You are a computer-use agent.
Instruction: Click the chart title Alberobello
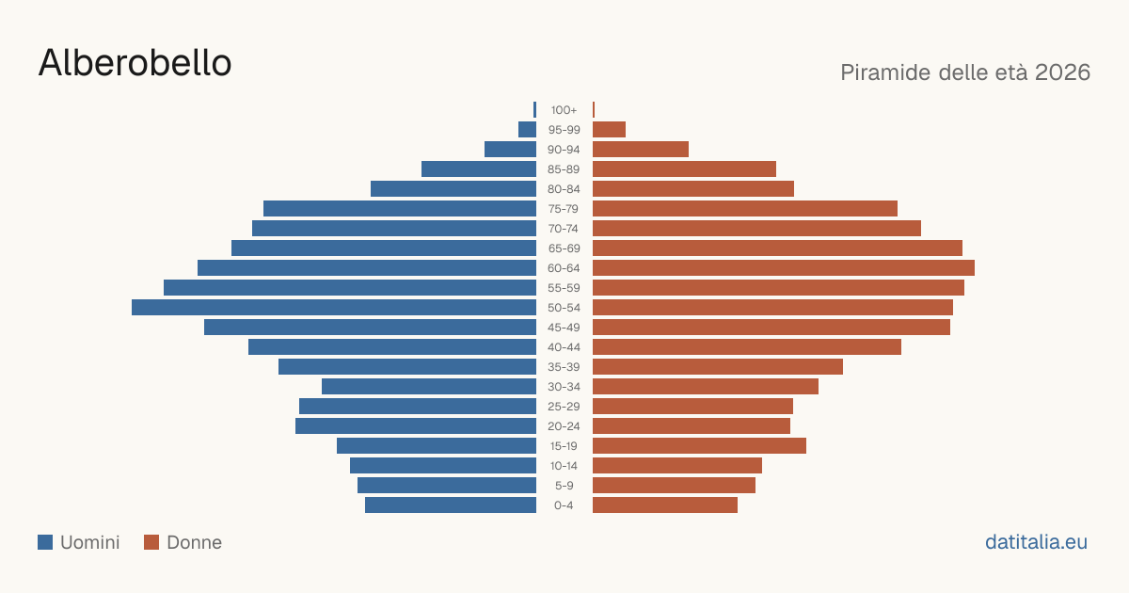(135, 63)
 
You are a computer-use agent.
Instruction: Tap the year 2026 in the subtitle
(1062, 72)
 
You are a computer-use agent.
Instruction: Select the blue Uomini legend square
(45, 542)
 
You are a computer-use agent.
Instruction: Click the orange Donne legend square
(151, 542)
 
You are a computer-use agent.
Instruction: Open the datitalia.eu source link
(1036, 542)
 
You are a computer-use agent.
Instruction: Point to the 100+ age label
(564, 110)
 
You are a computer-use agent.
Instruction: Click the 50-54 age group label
(564, 308)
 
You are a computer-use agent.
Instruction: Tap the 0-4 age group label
(564, 505)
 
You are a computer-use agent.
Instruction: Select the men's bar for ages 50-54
(334, 308)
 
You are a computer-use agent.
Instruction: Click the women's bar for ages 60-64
(784, 267)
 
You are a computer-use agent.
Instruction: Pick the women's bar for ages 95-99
(609, 130)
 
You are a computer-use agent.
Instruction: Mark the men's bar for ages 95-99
(527, 130)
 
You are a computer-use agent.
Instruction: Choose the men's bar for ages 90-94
(510, 150)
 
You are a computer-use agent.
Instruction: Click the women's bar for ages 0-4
(665, 505)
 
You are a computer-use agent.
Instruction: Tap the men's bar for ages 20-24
(416, 426)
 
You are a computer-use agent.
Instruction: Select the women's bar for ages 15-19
(700, 446)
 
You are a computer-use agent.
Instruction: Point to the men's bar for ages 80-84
(453, 189)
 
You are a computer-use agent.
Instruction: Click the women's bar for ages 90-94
(641, 150)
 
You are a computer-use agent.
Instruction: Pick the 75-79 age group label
(564, 209)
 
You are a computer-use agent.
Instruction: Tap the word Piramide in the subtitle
(885, 72)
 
